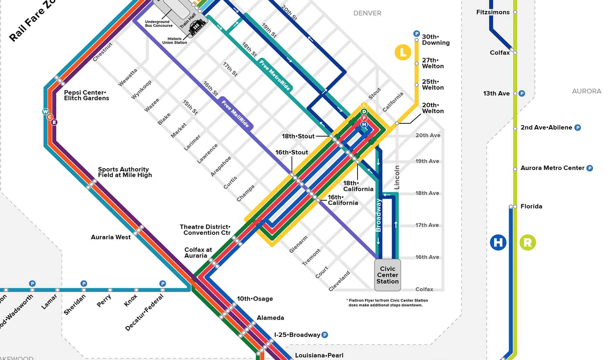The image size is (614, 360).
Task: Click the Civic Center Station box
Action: [387, 275]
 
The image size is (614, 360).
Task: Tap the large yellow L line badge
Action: [403, 52]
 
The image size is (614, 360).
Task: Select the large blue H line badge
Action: [498, 243]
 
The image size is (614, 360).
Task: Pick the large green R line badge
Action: [528, 243]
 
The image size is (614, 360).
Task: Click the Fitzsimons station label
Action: [493, 13]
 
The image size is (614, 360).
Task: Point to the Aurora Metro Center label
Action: [552, 168]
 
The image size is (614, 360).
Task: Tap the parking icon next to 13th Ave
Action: [522, 93]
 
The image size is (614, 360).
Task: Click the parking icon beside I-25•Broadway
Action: [325, 335]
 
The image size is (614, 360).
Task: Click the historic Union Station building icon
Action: [197, 27]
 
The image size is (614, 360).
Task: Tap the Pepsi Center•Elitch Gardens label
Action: [86, 95]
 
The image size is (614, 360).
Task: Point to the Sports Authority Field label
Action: [125, 172]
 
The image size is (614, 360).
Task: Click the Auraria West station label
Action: [111, 237]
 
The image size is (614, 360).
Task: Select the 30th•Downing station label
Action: [436, 40]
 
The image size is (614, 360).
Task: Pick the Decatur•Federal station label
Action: [144, 313]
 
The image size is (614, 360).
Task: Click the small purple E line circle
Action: [54, 122]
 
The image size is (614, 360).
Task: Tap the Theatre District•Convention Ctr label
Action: [205, 230]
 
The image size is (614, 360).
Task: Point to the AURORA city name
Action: [586, 91]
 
